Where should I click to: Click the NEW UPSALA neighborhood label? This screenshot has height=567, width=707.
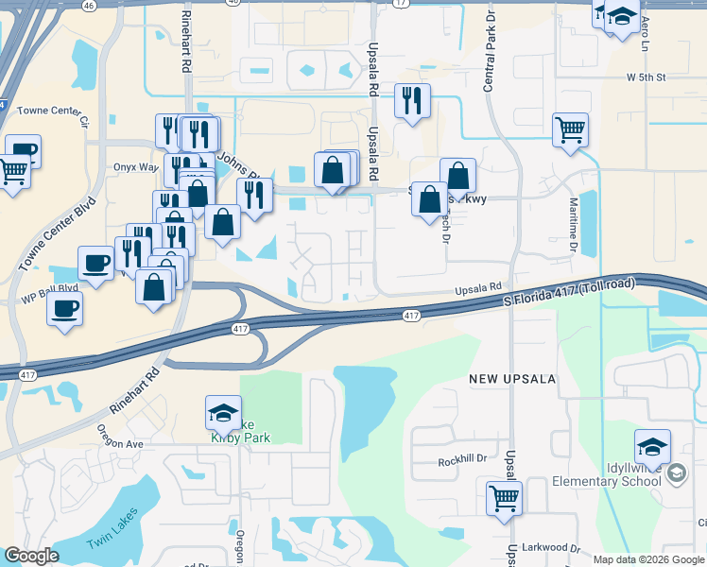click(509, 378)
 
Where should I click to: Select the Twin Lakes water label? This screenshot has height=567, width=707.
click(112, 529)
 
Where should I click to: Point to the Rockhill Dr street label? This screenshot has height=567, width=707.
click(461, 461)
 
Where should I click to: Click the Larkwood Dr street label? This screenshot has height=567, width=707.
click(549, 547)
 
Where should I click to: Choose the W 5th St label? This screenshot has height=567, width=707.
click(647, 77)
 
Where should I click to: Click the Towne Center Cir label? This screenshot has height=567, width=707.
click(56, 115)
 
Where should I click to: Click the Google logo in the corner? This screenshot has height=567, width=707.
click(31, 556)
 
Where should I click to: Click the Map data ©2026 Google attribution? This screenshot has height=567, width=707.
click(648, 559)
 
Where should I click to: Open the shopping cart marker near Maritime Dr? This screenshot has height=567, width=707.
click(571, 129)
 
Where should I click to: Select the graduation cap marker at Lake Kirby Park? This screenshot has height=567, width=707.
click(224, 411)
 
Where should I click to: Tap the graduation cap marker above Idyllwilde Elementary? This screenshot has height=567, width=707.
click(652, 446)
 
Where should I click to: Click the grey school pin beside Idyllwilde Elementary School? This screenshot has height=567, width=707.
click(676, 473)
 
